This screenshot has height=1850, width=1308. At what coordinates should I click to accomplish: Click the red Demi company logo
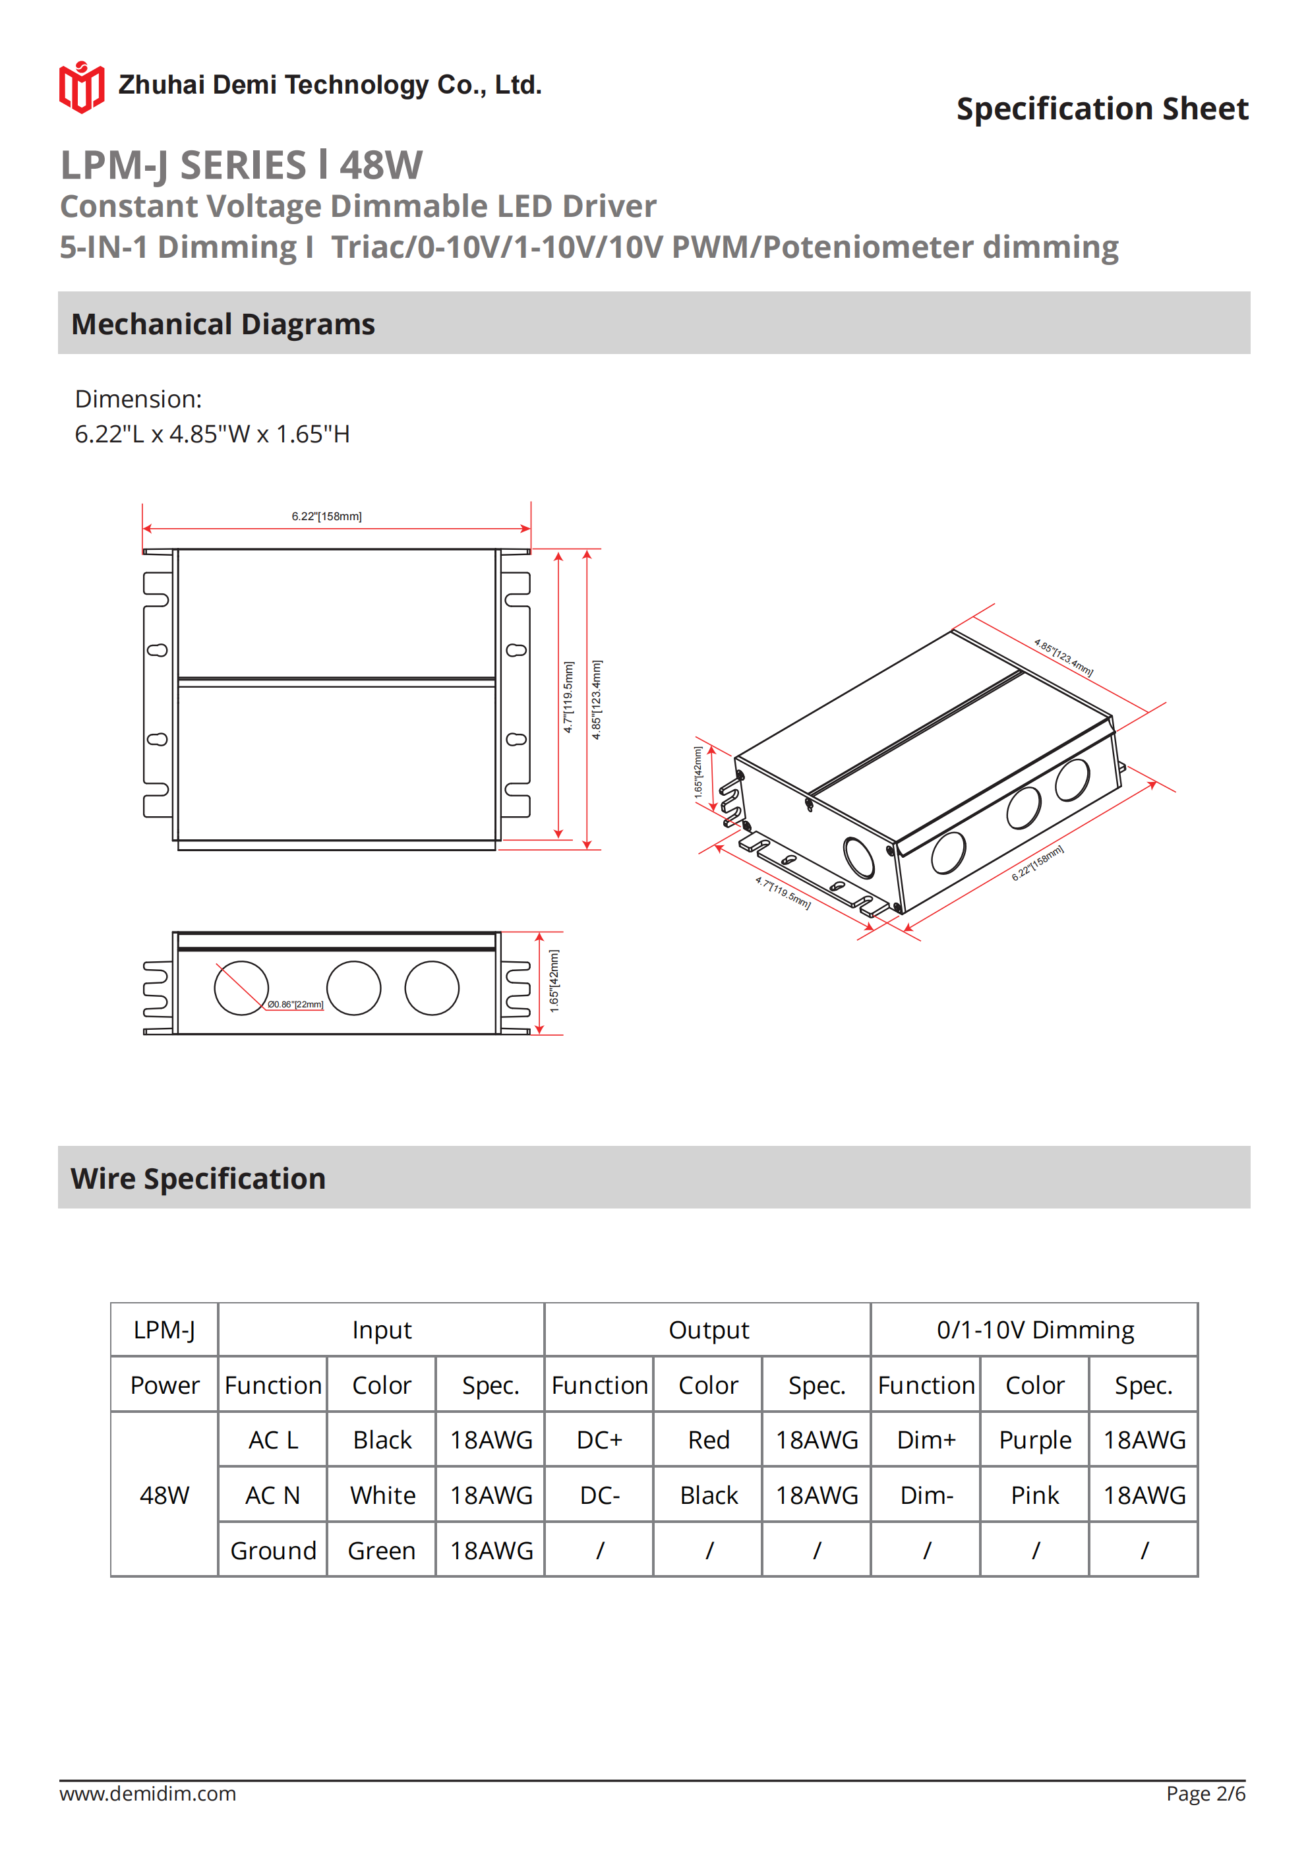[x=81, y=86]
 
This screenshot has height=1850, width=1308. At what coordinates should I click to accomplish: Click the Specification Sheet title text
[x=1102, y=109]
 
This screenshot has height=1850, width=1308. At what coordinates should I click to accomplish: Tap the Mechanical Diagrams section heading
[x=223, y=324]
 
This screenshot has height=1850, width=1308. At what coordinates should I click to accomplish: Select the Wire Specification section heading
[x=198, y=1178]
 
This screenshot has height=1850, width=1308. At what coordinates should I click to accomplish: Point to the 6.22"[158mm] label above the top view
[x=326, y=516]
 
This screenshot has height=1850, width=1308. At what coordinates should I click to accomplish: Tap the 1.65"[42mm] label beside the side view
[x=554, y=980]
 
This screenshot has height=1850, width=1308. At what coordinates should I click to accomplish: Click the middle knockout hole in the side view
[x=354, y=988]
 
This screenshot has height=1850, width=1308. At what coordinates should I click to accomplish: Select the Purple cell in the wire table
[x=1035, y=1440]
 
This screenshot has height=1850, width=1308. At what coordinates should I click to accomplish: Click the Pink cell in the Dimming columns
[x=1035, y=1495]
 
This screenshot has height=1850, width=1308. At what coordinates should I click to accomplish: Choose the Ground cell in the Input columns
[x=273, y=1550]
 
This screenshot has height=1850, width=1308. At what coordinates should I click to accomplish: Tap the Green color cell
[x=381, y=1550]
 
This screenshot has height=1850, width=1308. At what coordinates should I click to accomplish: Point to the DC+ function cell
[x=599, y=1440]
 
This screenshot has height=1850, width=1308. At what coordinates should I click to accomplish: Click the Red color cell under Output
[x=709, y=1440]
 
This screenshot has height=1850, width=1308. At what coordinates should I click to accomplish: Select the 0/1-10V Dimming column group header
[x=1035, y=1330]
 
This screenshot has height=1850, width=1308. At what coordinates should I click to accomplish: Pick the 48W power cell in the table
[x=164, y=1495]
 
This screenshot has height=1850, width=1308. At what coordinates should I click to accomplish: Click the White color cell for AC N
[x=382, y=1495]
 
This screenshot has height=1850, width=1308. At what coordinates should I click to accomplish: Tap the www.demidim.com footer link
[x=148, y=1793]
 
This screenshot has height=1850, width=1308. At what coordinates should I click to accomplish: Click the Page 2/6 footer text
[x=1206, y=1793]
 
